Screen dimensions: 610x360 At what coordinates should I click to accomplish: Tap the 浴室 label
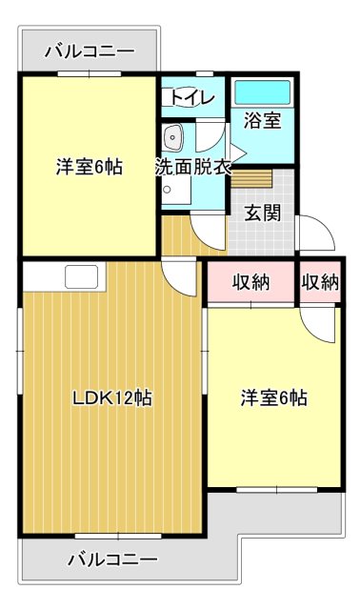tap(262, 121)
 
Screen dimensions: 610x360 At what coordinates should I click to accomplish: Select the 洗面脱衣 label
tap(193, 166)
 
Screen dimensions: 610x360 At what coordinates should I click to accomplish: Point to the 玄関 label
tap(263, 212)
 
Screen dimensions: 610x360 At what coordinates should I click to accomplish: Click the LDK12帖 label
tap(112, 397)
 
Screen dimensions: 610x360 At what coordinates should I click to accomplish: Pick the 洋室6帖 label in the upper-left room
tap(89, 166)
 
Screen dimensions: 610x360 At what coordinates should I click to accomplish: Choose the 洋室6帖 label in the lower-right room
tap(273, 397)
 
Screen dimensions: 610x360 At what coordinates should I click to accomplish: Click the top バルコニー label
tap(90, 51)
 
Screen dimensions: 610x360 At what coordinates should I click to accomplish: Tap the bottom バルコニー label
tap(112, 559)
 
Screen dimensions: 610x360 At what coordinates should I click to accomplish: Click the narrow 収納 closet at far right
tap(320, 282)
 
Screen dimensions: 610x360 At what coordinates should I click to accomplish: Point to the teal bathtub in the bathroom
tap(262, 93)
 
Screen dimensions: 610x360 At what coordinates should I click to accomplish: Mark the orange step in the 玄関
tap(252, 179)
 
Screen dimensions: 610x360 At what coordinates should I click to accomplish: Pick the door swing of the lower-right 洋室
tap(322, 324)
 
